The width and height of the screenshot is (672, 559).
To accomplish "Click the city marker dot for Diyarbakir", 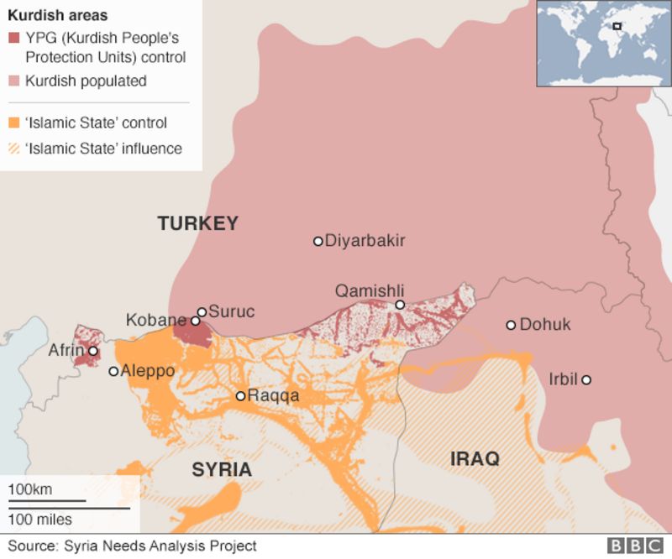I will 318,241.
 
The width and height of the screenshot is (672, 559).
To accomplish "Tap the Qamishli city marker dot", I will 400,305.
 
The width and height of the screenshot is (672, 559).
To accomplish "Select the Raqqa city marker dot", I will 240,396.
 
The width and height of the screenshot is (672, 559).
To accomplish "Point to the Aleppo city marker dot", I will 114,371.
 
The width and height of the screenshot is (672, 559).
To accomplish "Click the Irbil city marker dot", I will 586,380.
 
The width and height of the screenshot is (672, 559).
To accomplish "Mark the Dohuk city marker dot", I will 511,325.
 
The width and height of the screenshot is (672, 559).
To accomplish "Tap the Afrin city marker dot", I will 93,352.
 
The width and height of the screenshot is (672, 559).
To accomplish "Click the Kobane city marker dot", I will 195,321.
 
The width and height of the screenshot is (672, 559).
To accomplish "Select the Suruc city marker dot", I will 202,311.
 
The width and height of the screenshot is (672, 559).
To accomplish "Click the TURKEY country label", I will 197,224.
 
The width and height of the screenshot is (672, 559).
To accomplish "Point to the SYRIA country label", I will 222,469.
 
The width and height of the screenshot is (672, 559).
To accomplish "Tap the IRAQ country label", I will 475,459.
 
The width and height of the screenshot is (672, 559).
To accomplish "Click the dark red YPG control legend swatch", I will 14,39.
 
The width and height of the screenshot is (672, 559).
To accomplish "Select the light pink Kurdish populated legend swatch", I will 14,81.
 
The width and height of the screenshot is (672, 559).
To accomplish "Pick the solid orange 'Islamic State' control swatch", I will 14,123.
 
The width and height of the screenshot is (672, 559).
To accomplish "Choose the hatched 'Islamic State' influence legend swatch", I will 14,149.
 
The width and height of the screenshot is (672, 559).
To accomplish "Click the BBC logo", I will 634,546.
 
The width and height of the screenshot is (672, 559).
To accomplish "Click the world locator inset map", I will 603,44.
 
